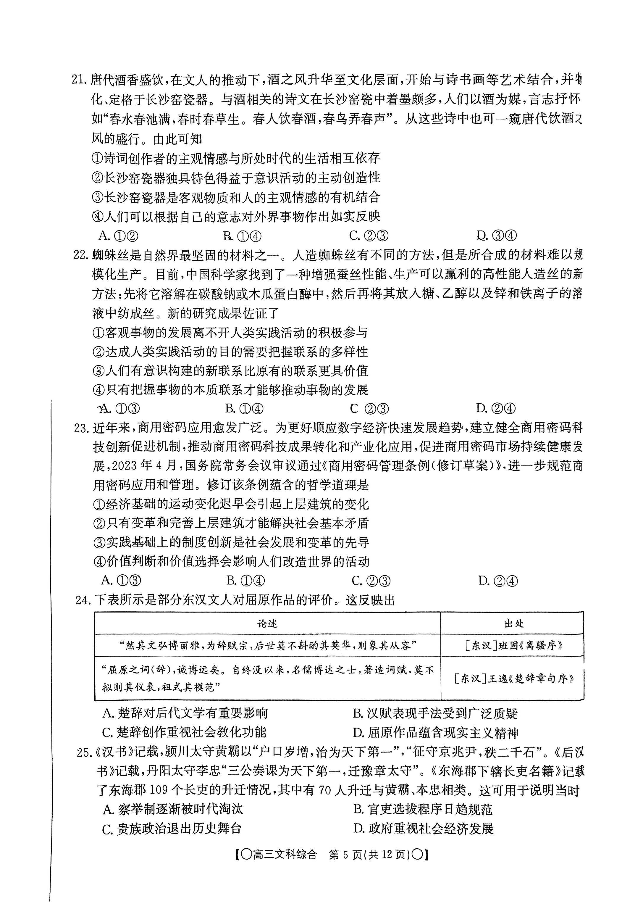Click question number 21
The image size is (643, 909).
coord(80,80)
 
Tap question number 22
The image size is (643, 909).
coord(82,255)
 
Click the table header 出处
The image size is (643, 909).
coord(513,624)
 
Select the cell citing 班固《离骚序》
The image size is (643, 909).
coord(513,646)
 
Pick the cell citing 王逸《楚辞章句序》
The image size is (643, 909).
coord(513,678)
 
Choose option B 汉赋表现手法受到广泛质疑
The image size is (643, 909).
coord(435,714)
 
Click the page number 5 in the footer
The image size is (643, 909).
coord(345,855)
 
